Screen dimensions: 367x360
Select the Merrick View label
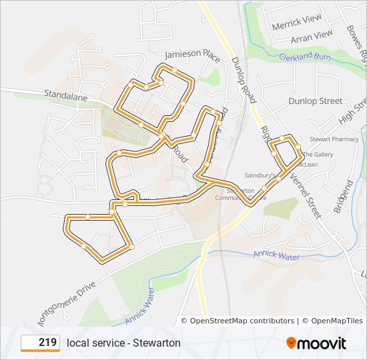297,22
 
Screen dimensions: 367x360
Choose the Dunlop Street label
315,101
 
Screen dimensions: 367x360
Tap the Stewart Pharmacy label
334,139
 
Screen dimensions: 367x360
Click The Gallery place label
318,154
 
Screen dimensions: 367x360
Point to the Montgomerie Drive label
67,300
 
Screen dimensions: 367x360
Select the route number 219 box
40,343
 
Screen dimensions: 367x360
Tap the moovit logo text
322,343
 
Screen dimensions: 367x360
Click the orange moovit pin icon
291,343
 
